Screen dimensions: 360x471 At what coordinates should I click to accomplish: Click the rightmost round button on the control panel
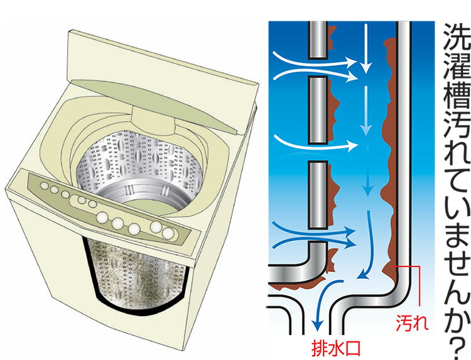[x=168, y=234]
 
